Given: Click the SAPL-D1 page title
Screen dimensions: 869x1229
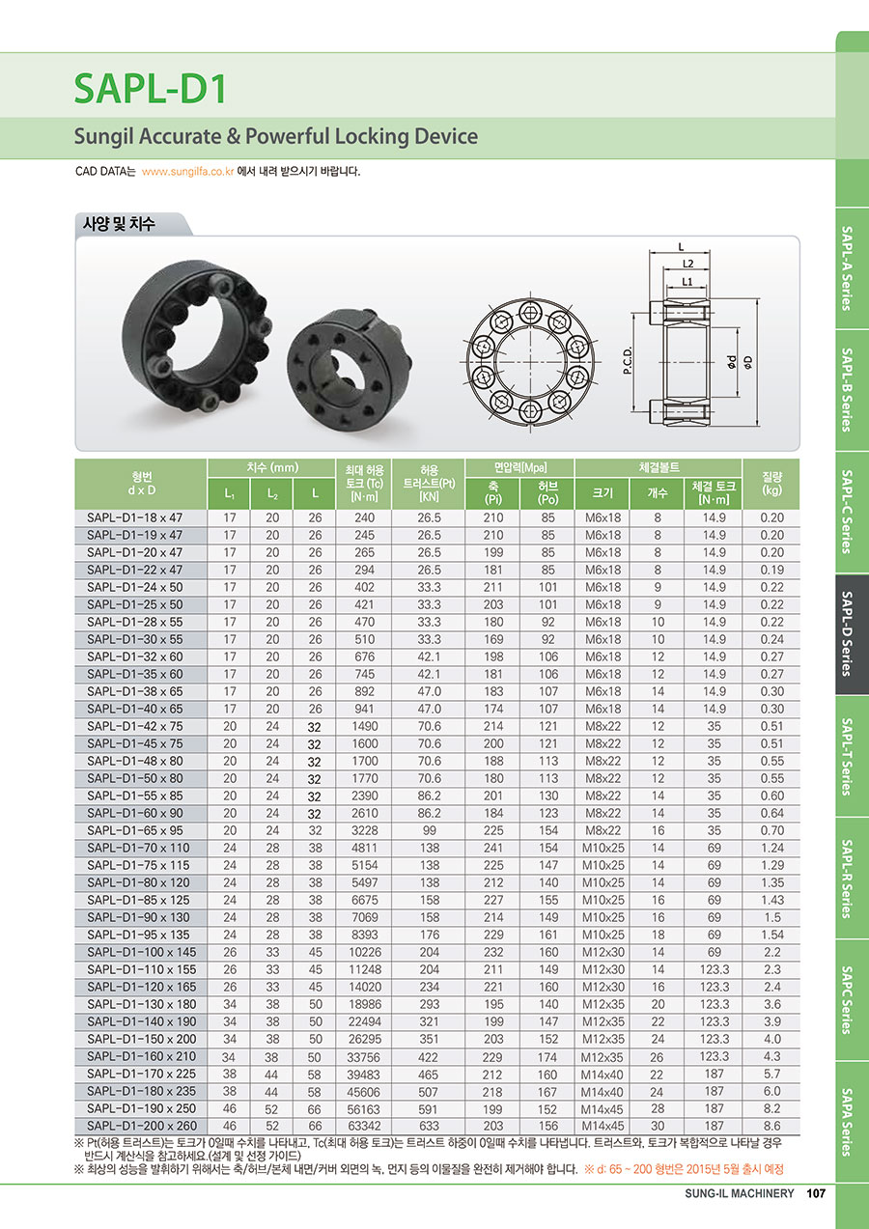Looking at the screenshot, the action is tap(151, 88).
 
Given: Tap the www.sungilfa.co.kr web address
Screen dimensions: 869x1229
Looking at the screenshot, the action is tap(187, 172).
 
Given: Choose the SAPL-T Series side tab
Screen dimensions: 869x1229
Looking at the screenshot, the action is tap(847, 756).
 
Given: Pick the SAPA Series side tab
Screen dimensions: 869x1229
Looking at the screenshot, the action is tap(847, 1123).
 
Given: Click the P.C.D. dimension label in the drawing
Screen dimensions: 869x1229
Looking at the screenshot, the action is tap(629, 360).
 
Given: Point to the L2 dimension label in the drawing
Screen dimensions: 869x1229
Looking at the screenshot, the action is tap(687, 264).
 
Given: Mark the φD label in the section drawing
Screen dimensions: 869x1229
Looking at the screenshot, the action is tap(748, 362).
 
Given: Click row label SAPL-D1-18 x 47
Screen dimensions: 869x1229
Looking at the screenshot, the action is tap(134, 517).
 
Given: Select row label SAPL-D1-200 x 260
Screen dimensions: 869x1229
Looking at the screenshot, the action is tap(142, 1126).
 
